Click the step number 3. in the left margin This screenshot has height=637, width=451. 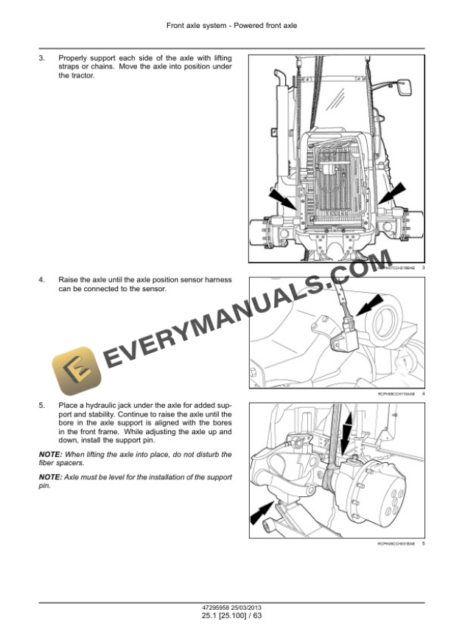click(42, 58)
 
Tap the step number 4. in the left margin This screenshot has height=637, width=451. click(42, 280)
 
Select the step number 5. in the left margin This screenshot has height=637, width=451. click(42, 405)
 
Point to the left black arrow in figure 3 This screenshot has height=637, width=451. click(284, 200)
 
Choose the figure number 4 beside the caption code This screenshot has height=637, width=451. click(424, 394)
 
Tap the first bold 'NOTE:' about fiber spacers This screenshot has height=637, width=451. click(50, 454)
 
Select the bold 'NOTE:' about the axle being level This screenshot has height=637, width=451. click(50, 478)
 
